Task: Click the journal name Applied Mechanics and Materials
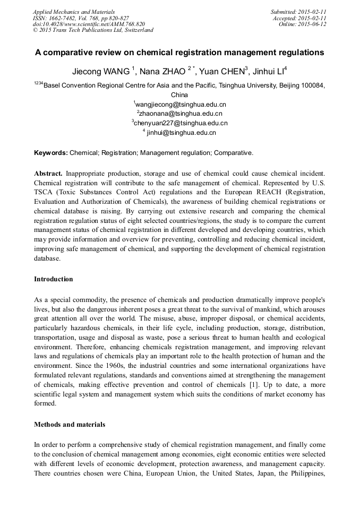click(74, 12)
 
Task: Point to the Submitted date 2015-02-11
click(298, 12)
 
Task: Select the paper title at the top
click(179, 53)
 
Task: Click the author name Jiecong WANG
click(101, 71)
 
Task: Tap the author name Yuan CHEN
click(220, 71)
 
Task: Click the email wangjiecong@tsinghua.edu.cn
click(181, 104)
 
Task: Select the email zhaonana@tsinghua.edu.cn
click(181, 113)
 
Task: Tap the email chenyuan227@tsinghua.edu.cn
click(181, 123)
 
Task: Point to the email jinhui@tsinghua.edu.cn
click(181, 132)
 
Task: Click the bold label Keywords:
click(51, 153)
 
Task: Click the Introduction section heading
click(54, 279)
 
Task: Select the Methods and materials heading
click(70, 424)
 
